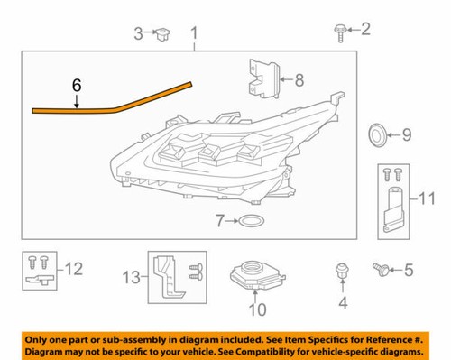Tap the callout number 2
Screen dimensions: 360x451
click(x=366, y=30)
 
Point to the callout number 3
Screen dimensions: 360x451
click(x=139, y=34)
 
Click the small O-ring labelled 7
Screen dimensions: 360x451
click(x=253, y=221)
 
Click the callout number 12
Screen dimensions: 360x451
click(x=72, y=267)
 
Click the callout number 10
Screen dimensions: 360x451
click(x=257, y=311)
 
